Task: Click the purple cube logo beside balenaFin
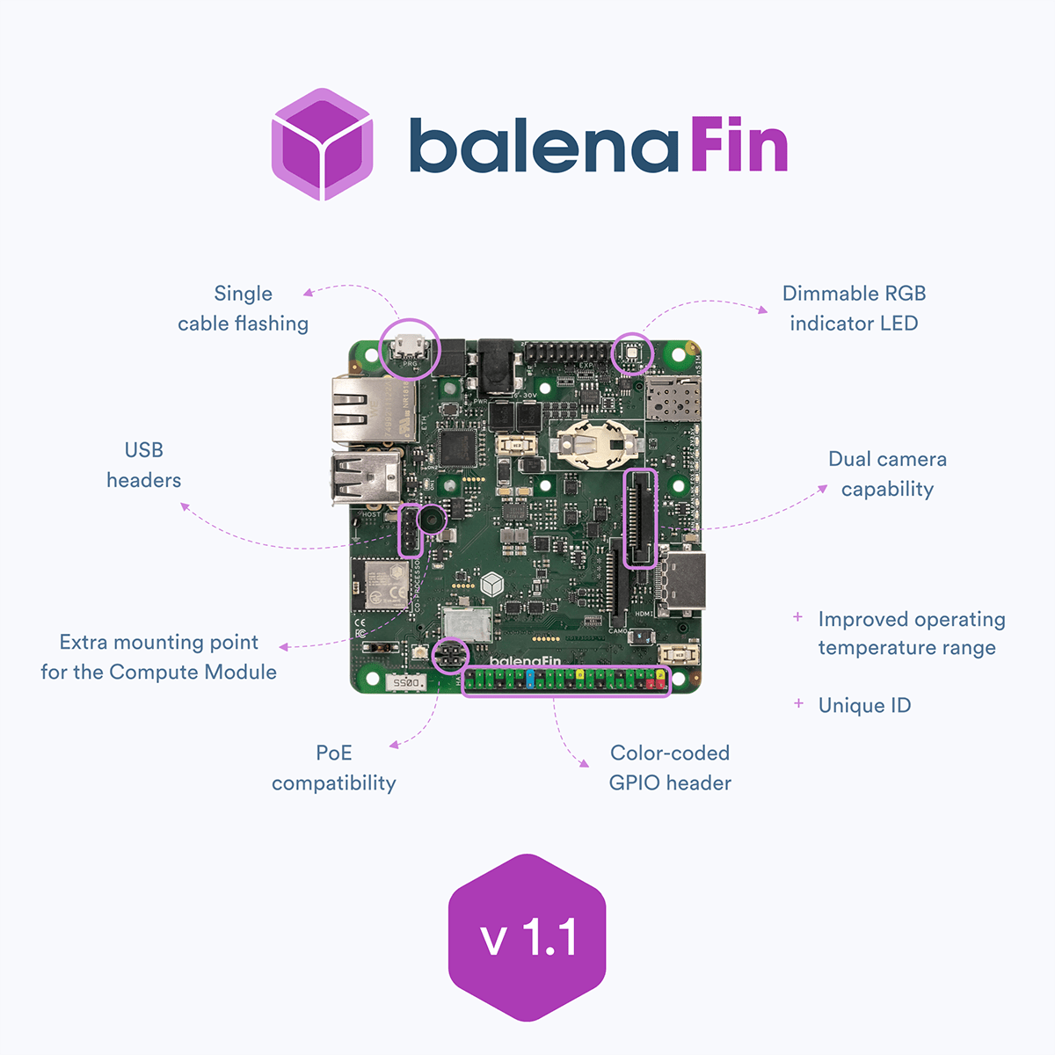(322, 144)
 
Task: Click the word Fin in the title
(738, 145)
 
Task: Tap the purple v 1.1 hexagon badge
(527, 937)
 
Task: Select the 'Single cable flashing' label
(244, 309)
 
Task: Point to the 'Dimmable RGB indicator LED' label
(854, 309)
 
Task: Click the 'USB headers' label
(144, 465)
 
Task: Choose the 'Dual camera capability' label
(887, 474)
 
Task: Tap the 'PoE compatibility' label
(334, 768)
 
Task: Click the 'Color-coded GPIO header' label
(670, 768)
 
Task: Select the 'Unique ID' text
(864, 705)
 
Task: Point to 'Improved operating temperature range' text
(911, 633)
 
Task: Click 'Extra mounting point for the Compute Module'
(159, 657)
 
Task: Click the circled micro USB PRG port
(410, 347)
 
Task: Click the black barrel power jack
(495, 365)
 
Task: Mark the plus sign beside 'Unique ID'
(798, 703)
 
